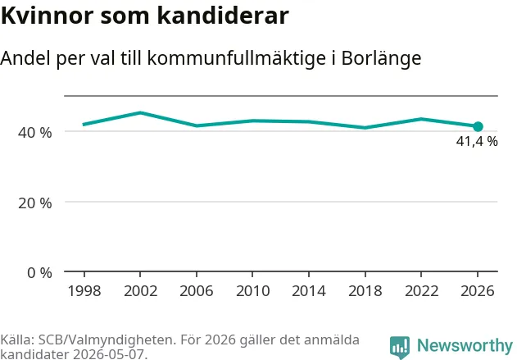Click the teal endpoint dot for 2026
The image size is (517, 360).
pyautogui.click(x=478, y=126)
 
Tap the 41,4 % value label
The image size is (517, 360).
pyautogui.click(x=477, y=142)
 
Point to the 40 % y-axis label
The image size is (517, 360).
pyautogui.click(x=35, y=133)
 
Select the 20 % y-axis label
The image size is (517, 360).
pyautogui.click(x=35, y=203)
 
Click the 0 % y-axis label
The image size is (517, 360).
pyautogui.click(x=39, y=273)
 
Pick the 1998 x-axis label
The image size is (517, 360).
pyautogui.click(x=84, y=291)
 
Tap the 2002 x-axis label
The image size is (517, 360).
pyautogui.click(x=140, y=291)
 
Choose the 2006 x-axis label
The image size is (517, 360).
pyautogui.click(x=197, y=291)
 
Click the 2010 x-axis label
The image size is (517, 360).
pyautogui.click(x=253, y=291)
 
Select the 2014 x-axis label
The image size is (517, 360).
pyautogui.click(x=309, y=291)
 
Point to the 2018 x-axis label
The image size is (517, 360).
pyautogui.click(x=365, y=291)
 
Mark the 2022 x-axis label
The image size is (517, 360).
pyautogui.click(x=421, y=291)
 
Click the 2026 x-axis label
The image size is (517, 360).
pyautogui.click(x=478, y=291)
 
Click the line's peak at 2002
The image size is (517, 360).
pyautogui.click(x=140, y=112)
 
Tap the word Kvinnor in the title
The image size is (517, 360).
pyautogui.click(x=48, y=16)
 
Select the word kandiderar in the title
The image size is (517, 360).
pyautogui.click(x=223, y=16)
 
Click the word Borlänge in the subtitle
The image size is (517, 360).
pyautogui.click(x=381, y=58)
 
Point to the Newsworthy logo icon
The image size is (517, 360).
pyautogui.click(x=400, y=348)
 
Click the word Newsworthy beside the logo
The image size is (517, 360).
pyautogui.click(x=465, y=345)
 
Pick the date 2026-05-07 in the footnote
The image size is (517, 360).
pyautogui.click(x=109, y=354)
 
